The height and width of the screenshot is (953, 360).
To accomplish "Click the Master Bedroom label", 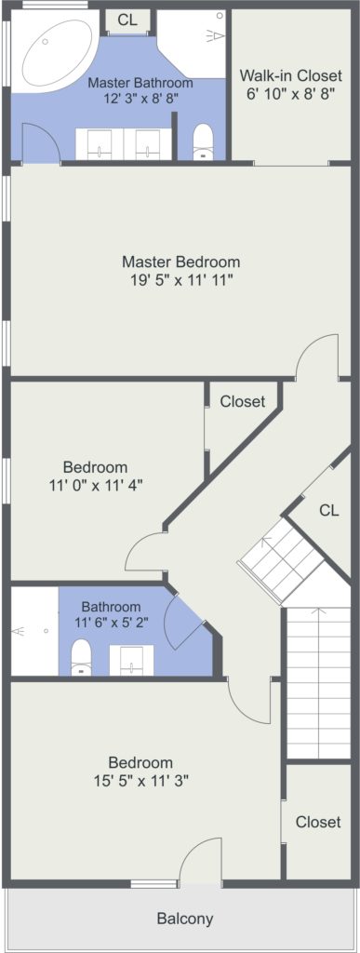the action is (180, 262).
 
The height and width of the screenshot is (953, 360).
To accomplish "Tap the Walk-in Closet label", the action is (291, 76).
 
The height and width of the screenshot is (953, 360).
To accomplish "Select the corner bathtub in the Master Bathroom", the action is (55, 51).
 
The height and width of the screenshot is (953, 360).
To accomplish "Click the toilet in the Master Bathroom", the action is (203, 142).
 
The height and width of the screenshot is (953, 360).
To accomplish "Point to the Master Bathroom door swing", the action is (41, 142).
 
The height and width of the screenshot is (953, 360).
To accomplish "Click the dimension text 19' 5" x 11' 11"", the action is (180, 279).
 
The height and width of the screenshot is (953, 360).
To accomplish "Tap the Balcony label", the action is (185, 918).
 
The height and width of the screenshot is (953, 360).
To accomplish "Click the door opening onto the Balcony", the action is (200, 861).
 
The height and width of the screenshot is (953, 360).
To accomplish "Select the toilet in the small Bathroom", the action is (81, 658).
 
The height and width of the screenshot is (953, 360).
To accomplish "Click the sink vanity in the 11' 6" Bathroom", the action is (131, 660).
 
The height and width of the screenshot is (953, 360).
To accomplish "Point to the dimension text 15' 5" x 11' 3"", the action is (140, 781).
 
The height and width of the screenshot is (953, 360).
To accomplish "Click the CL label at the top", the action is (127, 20).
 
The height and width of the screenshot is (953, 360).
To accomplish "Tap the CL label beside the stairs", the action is (329, 511).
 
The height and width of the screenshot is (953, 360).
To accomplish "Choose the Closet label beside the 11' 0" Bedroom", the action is (243, 401).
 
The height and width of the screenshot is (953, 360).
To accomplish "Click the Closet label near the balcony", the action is (318, 822).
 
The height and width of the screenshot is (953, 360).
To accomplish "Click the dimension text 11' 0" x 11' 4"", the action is (96, 485).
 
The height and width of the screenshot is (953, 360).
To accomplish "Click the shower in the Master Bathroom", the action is (192, 43).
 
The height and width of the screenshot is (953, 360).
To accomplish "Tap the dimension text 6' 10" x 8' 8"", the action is (291, 94).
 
